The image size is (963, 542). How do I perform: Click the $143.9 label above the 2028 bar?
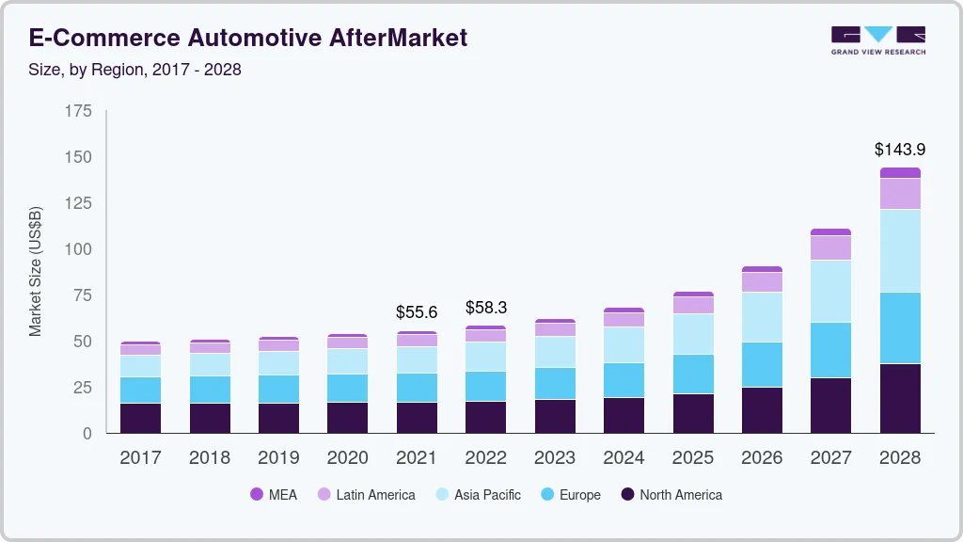click(x=900, y=150)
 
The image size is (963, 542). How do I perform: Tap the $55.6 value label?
click(x=416, y=311)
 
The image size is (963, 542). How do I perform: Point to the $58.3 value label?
click(x=485, y=308)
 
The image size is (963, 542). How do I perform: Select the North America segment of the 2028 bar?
click(x=900, y=398)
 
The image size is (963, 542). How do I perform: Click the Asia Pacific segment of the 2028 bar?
click(x=900, y=250)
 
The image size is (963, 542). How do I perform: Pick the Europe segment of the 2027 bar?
click(x=830, y=350)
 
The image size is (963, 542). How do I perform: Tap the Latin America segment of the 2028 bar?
click(x=900, y=193)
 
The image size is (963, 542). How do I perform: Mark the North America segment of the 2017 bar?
click(x=140, y=418)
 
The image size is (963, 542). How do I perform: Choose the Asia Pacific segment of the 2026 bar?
click(x=762, y=317)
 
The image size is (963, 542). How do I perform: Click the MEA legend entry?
click(x=274, y=495)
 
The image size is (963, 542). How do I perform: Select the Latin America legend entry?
click(x=366, y=495)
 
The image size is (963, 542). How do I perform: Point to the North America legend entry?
click(x=671, y=495)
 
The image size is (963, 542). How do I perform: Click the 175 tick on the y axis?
click(x=79, y=111)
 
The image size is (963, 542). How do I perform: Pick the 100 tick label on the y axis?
click(x=79, y=249)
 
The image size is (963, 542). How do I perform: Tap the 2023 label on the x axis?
click(x=554, y=458)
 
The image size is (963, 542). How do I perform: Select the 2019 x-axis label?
click(x=277, y=458)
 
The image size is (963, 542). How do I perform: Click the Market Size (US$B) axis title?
click(x=36, y=272)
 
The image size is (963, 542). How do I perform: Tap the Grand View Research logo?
click(x=877, y=40)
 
